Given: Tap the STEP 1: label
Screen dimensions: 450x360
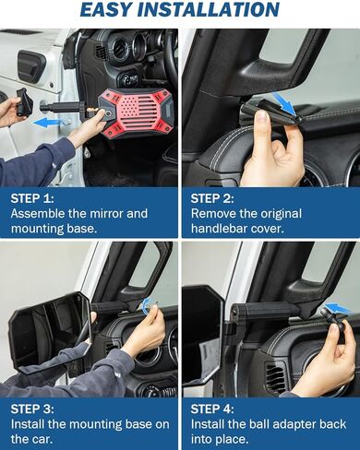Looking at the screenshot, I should pyautogui.click(x=33, y=197).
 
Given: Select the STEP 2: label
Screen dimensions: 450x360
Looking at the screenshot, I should pyautogui.click(x=213, y=197).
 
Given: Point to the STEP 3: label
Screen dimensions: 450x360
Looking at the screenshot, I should pyautogui.click(x=33, y=406).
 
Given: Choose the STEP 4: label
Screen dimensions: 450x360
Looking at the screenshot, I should pyautogui.click(x=213, y=406).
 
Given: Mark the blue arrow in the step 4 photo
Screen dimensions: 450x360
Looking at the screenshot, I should pyautogui.click(x=336, y=309).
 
